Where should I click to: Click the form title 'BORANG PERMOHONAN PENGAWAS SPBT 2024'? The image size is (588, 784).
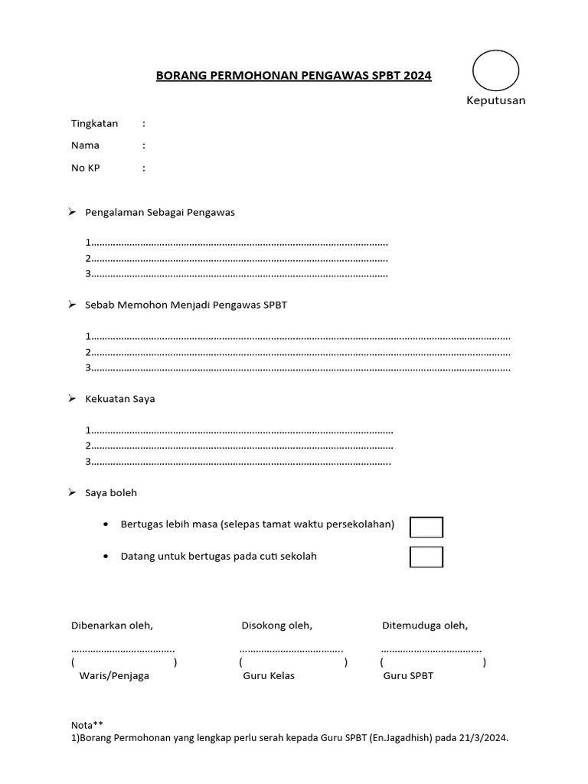tap(293, 76)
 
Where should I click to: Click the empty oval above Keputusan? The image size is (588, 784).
tap(495, 71)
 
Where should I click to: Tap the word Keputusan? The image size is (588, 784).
tap(496, 101)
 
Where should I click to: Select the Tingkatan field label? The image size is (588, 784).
tap(95, 123)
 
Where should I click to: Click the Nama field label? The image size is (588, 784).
tap(85, 145)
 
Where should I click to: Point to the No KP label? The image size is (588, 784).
tap(86, 168)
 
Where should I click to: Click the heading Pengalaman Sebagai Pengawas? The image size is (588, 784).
tap(159, 213)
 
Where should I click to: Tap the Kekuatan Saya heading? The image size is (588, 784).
tap(119, 399)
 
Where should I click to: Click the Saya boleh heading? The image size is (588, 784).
tap(111, 493)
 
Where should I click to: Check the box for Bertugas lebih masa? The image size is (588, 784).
tap(426, 528)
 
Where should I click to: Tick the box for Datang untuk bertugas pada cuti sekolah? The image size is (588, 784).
tap(426, 557)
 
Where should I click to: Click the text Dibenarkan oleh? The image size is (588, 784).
tap(112, 626)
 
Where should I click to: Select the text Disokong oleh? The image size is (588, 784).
tap(276, 626)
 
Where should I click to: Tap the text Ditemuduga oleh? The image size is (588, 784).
tap(425, 626)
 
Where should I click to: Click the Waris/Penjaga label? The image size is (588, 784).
tap(114, 676)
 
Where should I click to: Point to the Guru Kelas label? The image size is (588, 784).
tap(269, 676)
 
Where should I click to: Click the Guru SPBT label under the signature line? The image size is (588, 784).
tap(409, 676)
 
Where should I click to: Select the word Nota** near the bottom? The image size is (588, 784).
tap(87, 724)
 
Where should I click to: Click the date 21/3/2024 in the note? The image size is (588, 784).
tap(483, 739)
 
